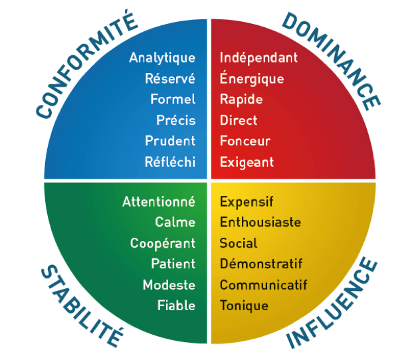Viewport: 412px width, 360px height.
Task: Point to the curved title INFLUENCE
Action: pyautogui.click(x=332, y=305)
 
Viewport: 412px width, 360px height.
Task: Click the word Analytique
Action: pyautogui.click(x=162, y=58)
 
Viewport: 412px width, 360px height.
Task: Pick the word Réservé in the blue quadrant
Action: pyautogui.click(x=170, y=78)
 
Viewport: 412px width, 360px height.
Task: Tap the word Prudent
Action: pyautogui.click(x=170, y=141)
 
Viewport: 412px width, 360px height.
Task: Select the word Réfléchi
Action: pyautogui.click(x=170, y=161)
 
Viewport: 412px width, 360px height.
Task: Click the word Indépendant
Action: pyautogui.click(x=258, y=57)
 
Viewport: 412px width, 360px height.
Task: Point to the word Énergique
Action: pyautogui.click(x=252, y=78)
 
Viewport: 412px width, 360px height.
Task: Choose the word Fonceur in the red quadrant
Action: pyautogui.click(x=245, y=141)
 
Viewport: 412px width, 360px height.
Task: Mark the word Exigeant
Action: pyautogui.click(x=247, y=162)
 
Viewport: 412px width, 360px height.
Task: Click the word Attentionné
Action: pyautogui.click(x=159, y=201)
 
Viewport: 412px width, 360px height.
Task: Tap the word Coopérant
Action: pyautogui.click(x=163, y=243)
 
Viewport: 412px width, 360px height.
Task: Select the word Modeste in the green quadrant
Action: pyautogui.click(x=169, y=285)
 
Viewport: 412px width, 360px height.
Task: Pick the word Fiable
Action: pyautogui.click(x=176, y=306)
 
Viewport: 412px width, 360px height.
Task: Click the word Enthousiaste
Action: pyautogui.click(x=260, y=222)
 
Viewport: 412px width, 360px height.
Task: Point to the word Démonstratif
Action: pyautogui.click(x=261, y=264)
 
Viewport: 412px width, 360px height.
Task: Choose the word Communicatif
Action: pyautogui.click(x=264, y=285)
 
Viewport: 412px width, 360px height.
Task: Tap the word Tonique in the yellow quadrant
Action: pyautogui.click(x=244, y=306)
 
